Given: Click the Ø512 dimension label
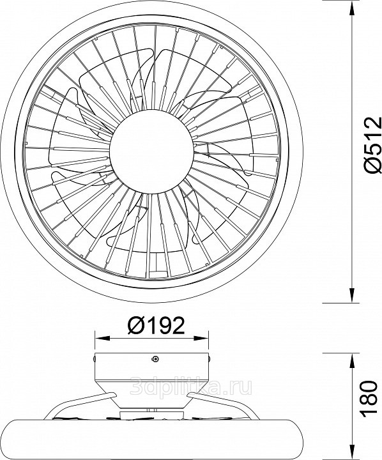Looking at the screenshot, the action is pyautogui.click(x=373, y=144).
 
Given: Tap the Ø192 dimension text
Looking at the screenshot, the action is pyautogui.click(x=156, y=325).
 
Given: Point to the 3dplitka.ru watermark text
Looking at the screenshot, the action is pyautogui.click(x=191, y=386).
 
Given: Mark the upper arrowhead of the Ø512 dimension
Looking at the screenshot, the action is pyautogui.click(x=351, y=8).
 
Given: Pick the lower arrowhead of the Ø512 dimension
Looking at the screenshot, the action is pyautogui.click(x=351, y=295).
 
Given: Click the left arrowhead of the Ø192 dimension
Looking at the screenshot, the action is pyautogui.click(x=102, y=338).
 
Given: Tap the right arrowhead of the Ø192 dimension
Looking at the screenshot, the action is pyautogui.click(x=201, y=338).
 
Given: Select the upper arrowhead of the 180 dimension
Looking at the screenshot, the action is pyautogui.click(x=351, y=361).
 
